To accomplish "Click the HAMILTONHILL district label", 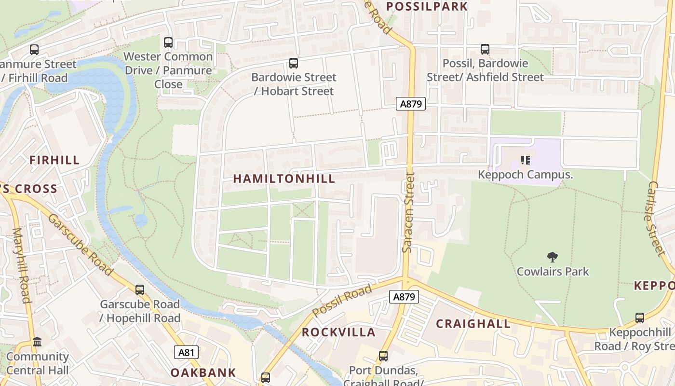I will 284,179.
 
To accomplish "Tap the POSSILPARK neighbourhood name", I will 427,6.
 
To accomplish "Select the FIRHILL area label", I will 54,160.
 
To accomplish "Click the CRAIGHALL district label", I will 473,324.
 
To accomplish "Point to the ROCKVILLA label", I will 338,332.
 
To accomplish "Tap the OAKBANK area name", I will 203,372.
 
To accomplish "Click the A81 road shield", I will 186,353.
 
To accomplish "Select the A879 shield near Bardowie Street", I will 411,104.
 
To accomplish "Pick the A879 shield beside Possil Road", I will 404,297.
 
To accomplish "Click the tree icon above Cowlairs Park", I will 553,257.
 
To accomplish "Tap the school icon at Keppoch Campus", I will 525,160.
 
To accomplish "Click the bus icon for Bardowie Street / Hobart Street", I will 293,63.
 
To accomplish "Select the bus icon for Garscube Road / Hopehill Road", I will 140,290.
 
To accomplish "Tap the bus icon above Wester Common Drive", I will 168,42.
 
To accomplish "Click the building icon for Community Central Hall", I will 37,342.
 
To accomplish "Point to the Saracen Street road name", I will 408,212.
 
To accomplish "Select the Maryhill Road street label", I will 22,265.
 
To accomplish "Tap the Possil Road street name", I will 342,301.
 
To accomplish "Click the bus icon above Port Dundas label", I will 383,356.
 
